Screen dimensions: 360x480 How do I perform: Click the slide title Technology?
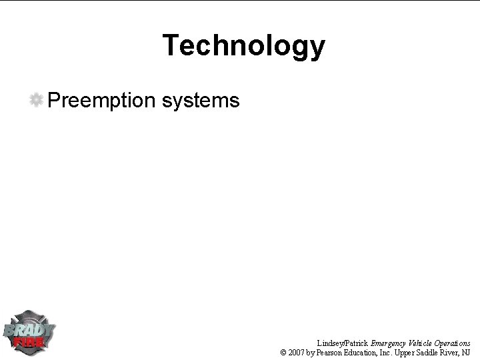point(243,46)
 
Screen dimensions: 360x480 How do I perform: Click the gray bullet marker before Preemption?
point(37,100)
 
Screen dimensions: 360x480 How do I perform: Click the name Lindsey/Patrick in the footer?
point(343,343)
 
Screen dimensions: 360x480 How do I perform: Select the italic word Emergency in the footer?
point(389,343)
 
